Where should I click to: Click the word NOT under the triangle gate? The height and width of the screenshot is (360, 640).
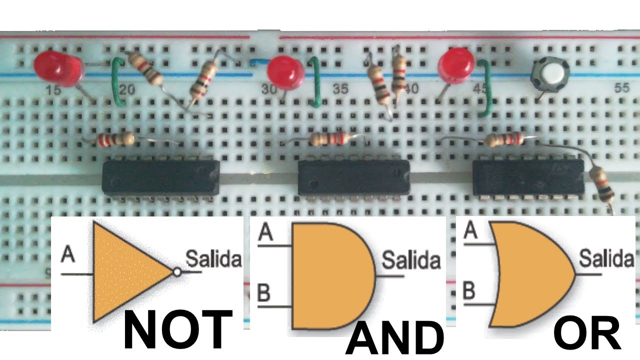click(x=177, y=329)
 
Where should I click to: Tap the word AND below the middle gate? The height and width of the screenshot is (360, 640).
click(x=394, y=337)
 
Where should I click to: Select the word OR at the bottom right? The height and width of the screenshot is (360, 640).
click(x=587, y=333)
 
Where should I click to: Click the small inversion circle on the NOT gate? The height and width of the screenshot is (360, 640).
click(x=177, y=272)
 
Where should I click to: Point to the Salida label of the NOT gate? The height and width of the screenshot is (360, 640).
click(x=213, y=259)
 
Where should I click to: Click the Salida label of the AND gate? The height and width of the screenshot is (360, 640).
click(x=411, y=260)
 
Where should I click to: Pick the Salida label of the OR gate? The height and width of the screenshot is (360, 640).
click(x=607, y=258)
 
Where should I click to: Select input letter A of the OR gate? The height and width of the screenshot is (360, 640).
click(x=470, y=230)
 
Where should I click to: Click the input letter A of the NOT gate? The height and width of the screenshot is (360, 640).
click(x=68, y=253)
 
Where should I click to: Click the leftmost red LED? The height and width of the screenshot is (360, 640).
click(x=59, y=68)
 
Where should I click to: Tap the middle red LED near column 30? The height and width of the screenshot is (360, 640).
click(x=285, y=73)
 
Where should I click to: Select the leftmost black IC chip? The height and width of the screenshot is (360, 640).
click(x=161, y=177)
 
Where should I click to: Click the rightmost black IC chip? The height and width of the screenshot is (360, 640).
click(x=528, y=177)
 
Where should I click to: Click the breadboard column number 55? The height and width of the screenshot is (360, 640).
click(x=621, y=88)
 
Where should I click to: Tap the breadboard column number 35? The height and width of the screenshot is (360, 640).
click(x=340, y=89)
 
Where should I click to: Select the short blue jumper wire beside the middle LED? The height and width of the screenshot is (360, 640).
click(x=259, y=61)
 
